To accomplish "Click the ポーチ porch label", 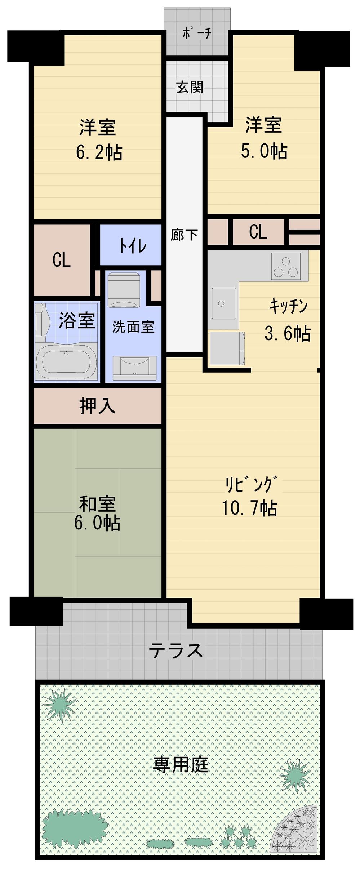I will (197, 34).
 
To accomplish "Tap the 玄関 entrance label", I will (190, 87).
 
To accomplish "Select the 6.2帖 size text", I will (99, 153).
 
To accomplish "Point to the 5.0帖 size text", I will (264, 151).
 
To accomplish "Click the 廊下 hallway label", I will (184, 235).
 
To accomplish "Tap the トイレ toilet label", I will (133, 246).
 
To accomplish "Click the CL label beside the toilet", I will (61, 259).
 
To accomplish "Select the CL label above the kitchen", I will (258, 232).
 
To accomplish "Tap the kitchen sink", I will (224, 303).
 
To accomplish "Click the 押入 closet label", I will (97, 406).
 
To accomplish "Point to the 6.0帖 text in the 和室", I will (97, 523).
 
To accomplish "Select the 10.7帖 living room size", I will (249, 508).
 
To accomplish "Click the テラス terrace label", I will (176, 650).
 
